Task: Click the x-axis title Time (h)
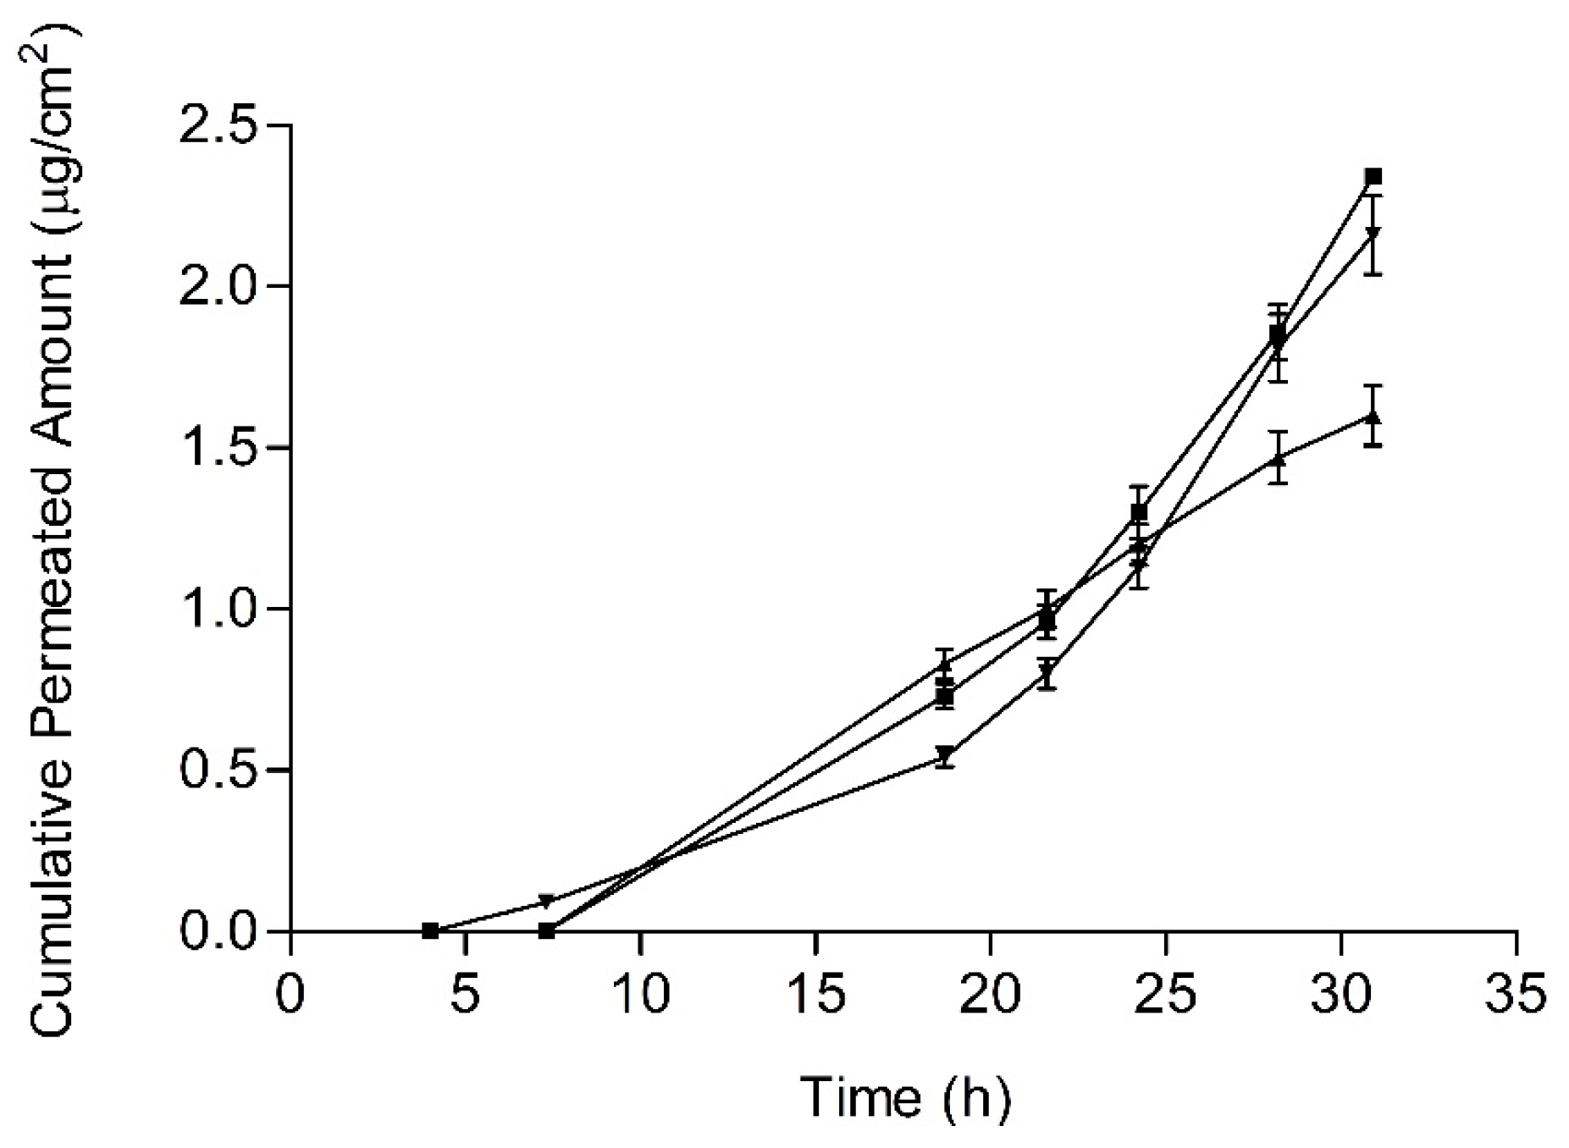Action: [x=905, y=1097]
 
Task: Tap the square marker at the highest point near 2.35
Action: [x=1373, y=177]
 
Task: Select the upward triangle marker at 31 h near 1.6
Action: [x=1373, y=417]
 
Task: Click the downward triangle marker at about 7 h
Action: [x=547, y=901]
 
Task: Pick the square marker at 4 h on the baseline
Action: [x=430, y=931]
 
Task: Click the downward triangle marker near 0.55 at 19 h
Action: [x=946, y=755]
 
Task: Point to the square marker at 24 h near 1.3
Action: [x=1139, y=512]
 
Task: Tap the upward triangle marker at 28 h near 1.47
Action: [x=1279, y=458]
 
